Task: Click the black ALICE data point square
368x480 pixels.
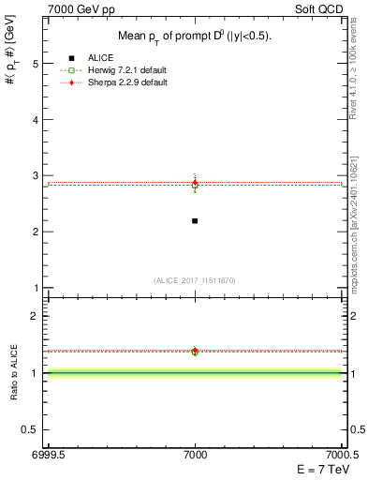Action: pyautogui.click(x=195, y=220)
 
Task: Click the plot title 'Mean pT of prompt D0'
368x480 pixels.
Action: pyautogui.click(x=195, y=37)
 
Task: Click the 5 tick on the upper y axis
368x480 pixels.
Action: pyautogui.click(x=36, y=64)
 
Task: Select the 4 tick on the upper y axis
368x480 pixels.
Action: pyautogui.click(x=36, y=120)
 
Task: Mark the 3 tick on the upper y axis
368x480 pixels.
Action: pyautogui.click(x=36, y=176)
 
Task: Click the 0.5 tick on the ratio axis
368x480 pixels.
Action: pyautogui.click(x=32, y=429)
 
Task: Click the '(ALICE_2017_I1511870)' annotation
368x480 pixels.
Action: pyautogui.click(x=195, y=280)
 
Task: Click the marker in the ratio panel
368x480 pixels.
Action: pyautogui.click(x=195, y=352)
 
